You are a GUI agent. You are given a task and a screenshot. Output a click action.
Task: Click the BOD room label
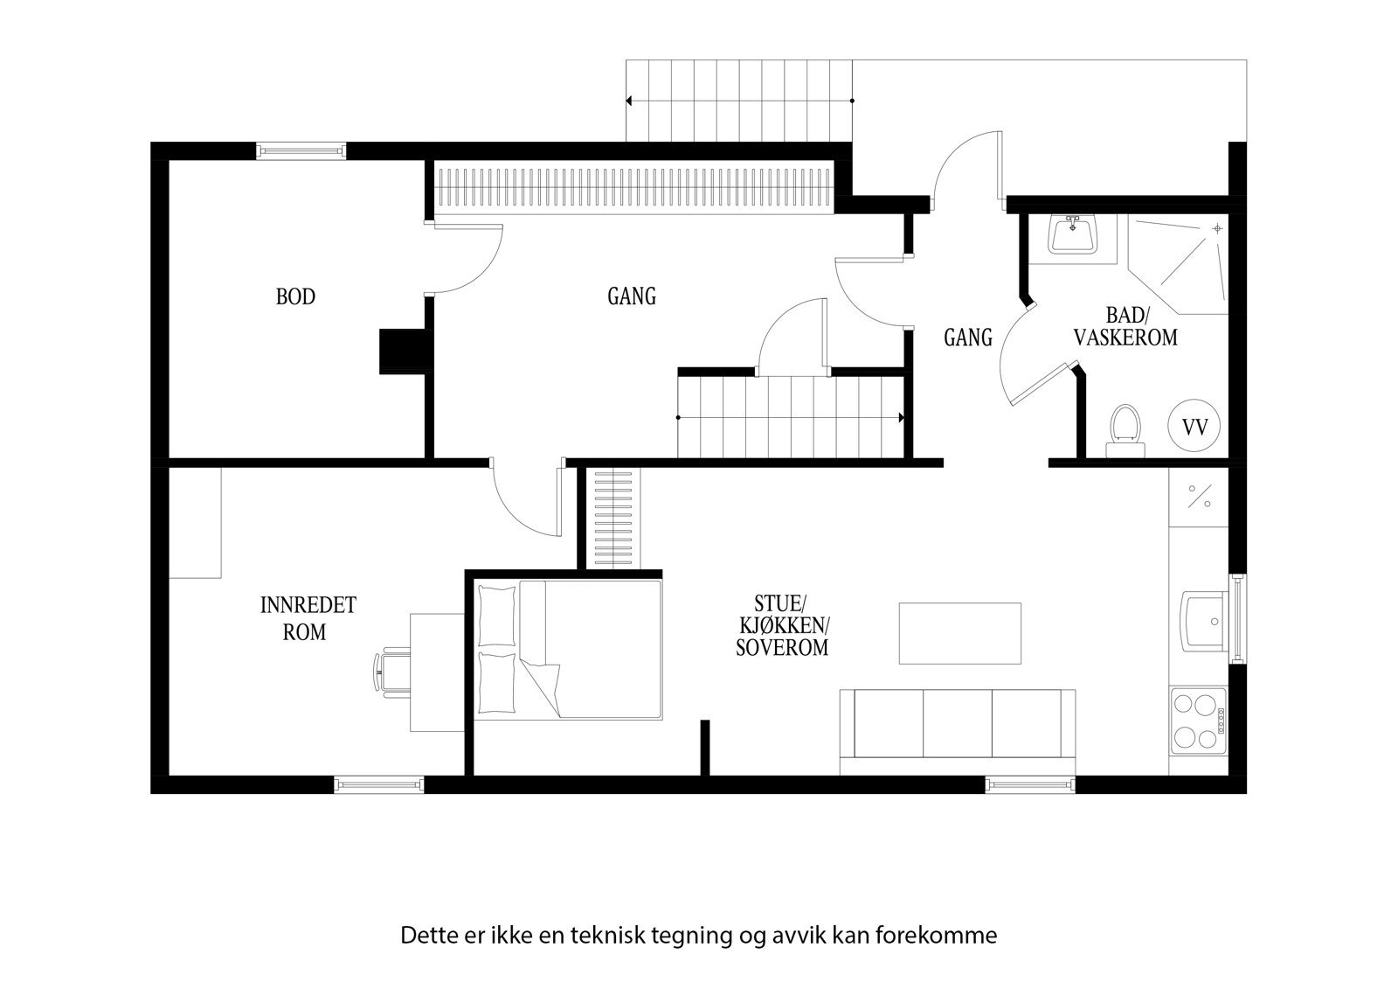pyautogui.click(x=295, y=297)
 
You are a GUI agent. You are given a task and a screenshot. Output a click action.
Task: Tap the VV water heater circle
pyautogui.click(x=1194, y=428)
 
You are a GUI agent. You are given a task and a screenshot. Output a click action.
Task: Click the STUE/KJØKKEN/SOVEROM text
pyautogui.click(x=781, y=625)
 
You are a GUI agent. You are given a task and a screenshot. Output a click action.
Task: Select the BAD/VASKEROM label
pyautogui.click(x=1126, y=327)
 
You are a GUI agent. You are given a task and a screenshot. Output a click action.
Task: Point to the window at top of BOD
pyautogui.click(x=301, y=151)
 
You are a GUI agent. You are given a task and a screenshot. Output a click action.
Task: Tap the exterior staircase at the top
pyautogui.click(x=739, y=101)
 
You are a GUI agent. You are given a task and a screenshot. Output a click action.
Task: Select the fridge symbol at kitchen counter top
pyautogui.click(x=1199, y=497)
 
